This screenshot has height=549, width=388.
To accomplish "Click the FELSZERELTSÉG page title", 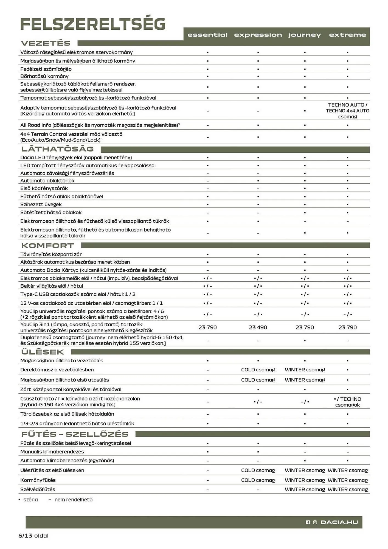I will (x=93, y=24).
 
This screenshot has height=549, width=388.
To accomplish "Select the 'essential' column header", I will (x=207, y=35).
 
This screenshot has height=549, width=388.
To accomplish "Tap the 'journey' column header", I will (x=304, y=35).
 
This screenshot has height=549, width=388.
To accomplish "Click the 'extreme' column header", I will (x=347, y=35).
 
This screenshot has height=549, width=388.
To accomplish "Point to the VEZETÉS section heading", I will (x=46, y=43).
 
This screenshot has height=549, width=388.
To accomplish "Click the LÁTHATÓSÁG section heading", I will (x=58, y=149).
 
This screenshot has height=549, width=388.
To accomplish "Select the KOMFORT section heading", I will (x=48, y=246).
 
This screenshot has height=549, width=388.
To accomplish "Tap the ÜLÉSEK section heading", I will (x=43, y=352).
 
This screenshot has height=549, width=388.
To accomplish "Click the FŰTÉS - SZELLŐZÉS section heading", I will (x=75, y=434).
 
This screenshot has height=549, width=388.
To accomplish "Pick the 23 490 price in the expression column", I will (x=258, y=327).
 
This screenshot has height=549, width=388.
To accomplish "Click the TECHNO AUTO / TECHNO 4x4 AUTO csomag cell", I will (x=347, y=111).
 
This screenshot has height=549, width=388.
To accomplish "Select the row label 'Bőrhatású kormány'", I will (x=44, y=76).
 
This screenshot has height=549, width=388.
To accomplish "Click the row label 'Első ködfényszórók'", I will (x=44, y=188).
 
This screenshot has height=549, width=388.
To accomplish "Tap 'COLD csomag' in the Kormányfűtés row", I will (x=258, y=480).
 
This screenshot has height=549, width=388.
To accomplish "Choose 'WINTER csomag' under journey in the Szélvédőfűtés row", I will (x=305, y=489).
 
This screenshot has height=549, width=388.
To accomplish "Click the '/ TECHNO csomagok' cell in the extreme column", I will (x=347, y=402).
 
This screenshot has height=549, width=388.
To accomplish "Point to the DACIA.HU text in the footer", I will (x=339, y=522).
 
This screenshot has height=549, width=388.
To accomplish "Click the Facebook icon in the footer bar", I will (x=308, y=522).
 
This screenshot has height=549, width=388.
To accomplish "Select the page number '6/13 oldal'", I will (x=33, y=536).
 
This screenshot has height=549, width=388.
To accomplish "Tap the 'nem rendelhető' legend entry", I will (x=73, y=500).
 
